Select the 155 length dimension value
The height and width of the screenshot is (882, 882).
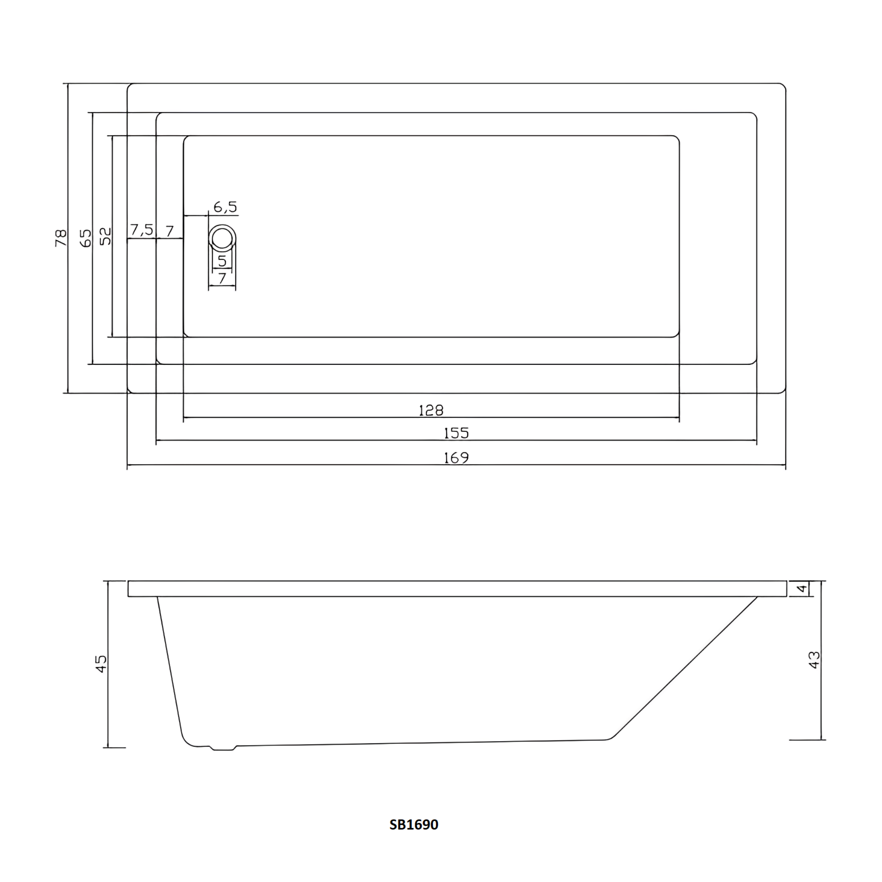pos(456,433)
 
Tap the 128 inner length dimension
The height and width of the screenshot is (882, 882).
pos(431,410)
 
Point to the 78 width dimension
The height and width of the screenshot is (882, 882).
pos(61,238)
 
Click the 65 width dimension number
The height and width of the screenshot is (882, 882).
pos(85,238)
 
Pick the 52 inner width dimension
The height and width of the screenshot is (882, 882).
pos(105,236)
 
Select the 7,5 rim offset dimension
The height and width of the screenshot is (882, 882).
pos(142,230)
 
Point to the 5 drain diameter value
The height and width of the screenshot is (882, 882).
pos(222,261)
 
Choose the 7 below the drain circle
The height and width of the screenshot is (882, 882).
pos(222,278)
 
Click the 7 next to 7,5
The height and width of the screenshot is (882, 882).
pos(169,231)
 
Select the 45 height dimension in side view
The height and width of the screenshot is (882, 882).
pos(101,663)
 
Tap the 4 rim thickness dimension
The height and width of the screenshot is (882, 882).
pos(802,588)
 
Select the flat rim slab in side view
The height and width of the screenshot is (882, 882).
pos(457,588)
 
